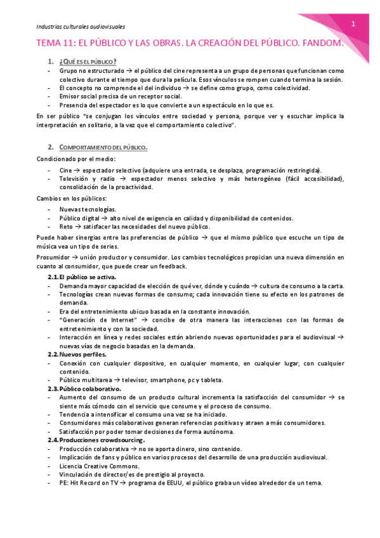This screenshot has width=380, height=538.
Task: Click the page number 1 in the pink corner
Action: (x=353, y=23)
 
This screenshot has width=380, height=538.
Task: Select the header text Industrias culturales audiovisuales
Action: (x=80, y=27)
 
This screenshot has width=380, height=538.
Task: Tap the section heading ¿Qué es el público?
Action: (x=87, y=61)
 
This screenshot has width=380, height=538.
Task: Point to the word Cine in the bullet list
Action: (x=66, y=170)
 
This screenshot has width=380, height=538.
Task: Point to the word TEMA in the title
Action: (x=51, y=44)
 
